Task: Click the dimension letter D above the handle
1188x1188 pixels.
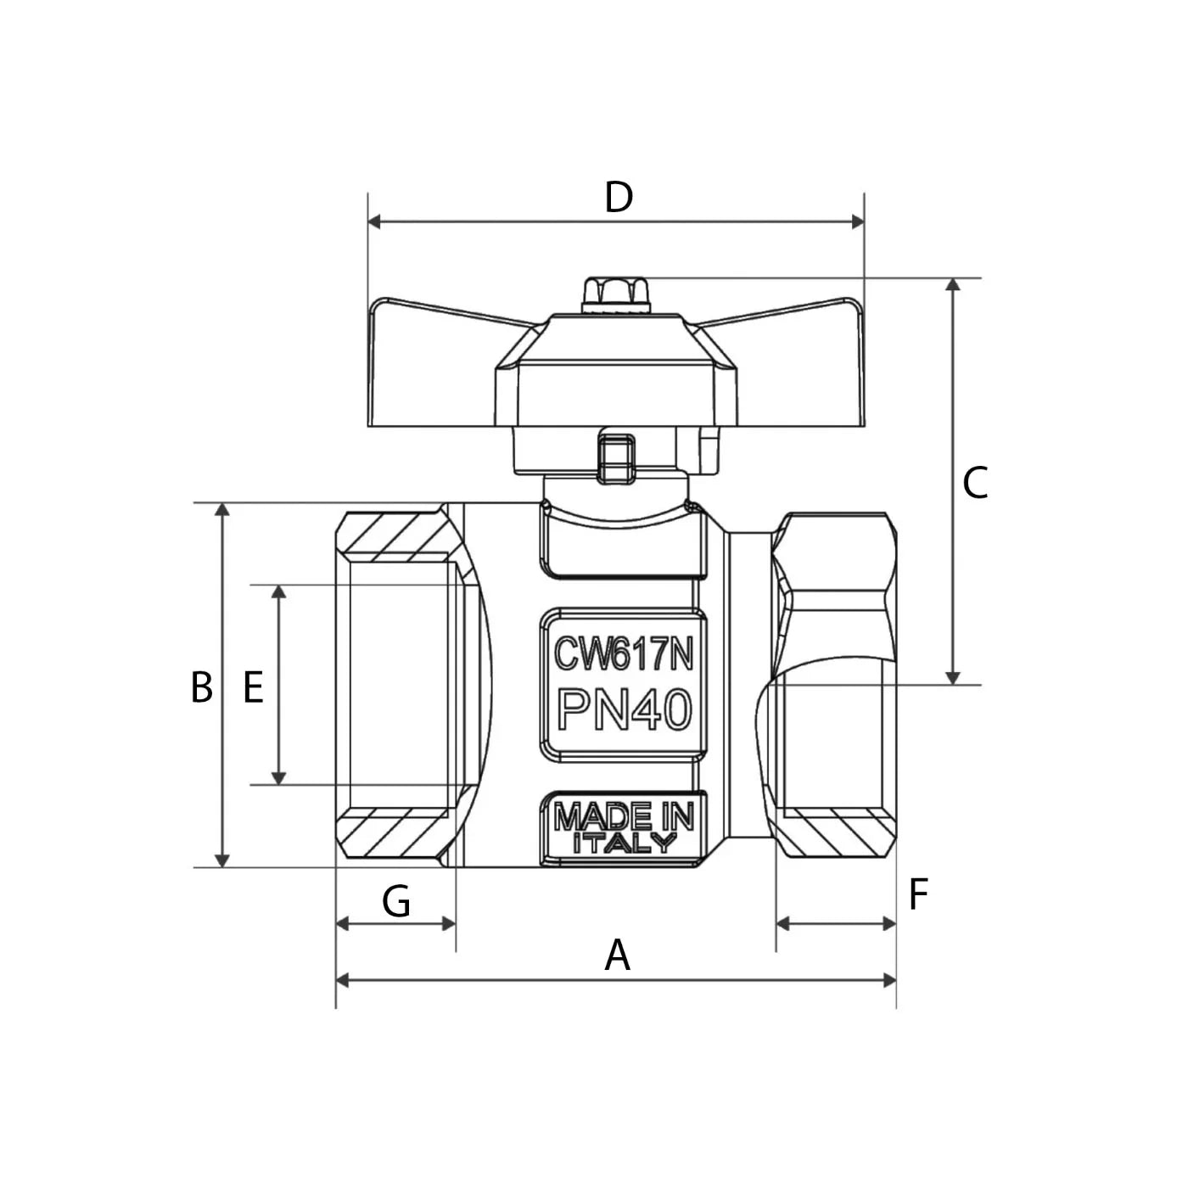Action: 619,198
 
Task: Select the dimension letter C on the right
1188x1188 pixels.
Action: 975,484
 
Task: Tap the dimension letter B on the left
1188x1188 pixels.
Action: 201,687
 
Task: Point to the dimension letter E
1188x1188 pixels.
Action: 253,687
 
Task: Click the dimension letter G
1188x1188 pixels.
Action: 396,901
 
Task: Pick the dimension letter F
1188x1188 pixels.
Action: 918,894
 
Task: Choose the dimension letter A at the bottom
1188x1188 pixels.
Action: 618,955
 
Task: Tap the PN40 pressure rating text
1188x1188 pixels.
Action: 625,709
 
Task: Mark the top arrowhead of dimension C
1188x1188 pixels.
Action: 953,285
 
